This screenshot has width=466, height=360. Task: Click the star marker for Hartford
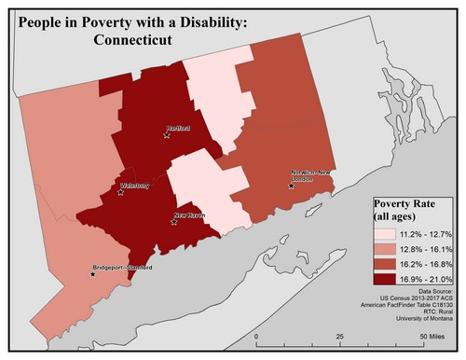[x=167, y=135]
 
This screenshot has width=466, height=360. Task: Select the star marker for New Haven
[x=174, y=222]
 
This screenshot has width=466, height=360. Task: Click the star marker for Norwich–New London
[x=292, y=186]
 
